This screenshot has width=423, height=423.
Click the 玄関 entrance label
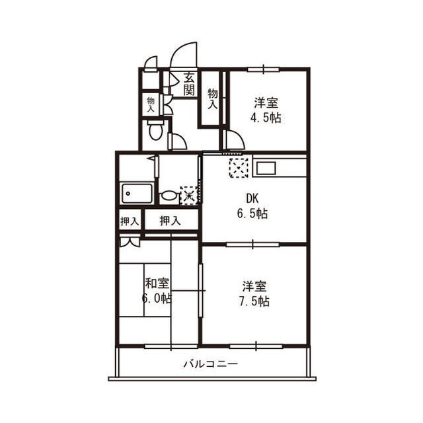pos(189,84)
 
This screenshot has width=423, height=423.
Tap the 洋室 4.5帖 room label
pos(266,110)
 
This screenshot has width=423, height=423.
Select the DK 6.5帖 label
pos(252,206)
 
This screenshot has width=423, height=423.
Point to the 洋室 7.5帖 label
pos(254,293)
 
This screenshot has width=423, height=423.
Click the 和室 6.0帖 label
pos(157,291)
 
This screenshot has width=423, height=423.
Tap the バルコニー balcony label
pos(211,364)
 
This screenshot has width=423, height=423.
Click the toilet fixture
pos(156,130)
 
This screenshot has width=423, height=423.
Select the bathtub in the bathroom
pos(137,194)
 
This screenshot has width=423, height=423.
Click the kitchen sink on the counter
pos(266,169)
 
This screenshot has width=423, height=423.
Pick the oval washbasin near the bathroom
pos(169,196)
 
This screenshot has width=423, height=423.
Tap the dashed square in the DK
pos(239,168)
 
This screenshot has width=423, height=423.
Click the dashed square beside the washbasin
pos(190,196)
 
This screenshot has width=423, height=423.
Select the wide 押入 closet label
pos(171,221)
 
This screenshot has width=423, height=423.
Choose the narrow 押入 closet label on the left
pos(130,221)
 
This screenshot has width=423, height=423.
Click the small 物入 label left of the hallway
pos(151,105)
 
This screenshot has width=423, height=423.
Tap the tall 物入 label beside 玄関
pos(213,99)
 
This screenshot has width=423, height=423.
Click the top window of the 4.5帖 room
pos(263,69)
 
